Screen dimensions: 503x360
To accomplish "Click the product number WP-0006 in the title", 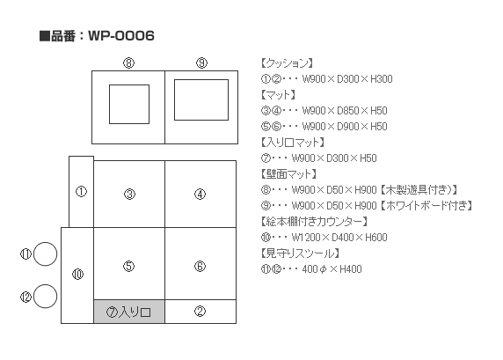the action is tap(121, 35).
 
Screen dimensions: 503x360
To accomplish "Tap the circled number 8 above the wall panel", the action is tap(129, 62).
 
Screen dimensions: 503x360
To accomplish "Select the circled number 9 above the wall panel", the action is tap(201, 62).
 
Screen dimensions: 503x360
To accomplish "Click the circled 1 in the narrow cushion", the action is tap(81, 192).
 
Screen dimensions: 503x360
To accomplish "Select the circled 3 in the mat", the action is tap(129, 194).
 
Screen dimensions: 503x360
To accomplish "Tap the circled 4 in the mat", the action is tap(200, 194).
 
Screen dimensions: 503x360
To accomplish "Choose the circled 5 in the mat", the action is tap(129, 266).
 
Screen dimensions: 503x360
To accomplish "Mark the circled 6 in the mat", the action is tap(200, 266).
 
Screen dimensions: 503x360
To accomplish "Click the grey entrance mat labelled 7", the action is tap(129, 312).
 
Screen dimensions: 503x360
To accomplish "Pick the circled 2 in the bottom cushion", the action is tap(200, 311).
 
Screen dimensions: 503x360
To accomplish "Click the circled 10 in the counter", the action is tap(78, 275).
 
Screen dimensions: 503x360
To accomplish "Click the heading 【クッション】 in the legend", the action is tap(287, 63).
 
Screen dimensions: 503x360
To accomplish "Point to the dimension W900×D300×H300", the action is tap(347, 79).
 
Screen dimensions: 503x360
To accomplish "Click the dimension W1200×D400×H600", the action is tap(339, 238).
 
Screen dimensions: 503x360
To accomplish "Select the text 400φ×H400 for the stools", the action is tap(332, 269).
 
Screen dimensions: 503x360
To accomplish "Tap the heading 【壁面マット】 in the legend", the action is tap(288, 174).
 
